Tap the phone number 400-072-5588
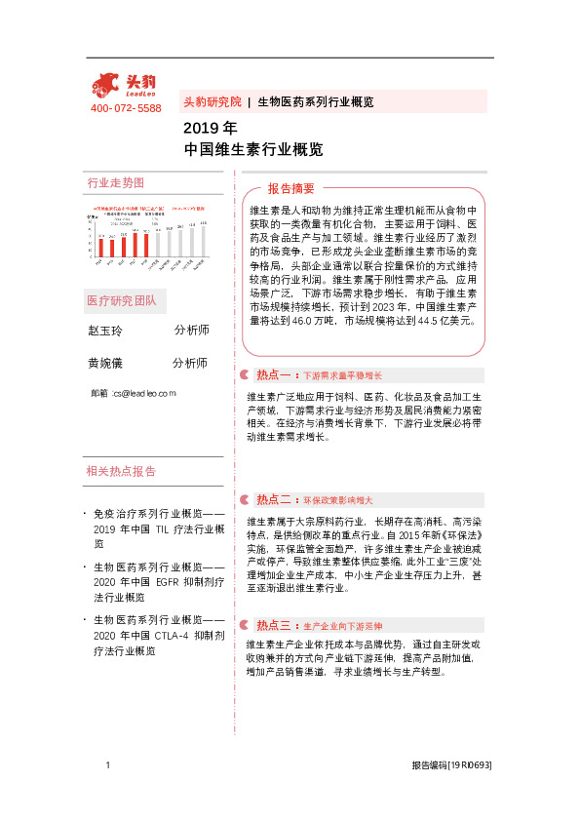pos(126,108)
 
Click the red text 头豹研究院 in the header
pos(212,101)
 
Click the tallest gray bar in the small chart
pos(204,244)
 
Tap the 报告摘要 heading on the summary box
pos(291,189)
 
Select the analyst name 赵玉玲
pos(105,331)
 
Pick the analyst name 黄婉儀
pos(105,363)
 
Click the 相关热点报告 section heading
pos(121,471)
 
